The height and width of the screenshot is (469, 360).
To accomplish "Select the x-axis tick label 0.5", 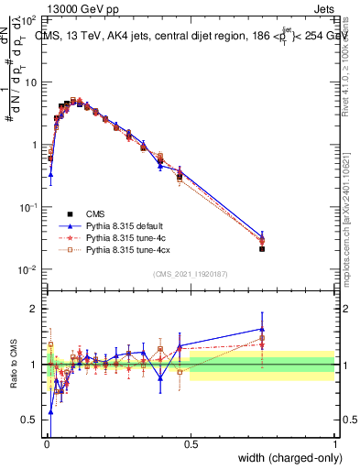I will (x=191, y=445).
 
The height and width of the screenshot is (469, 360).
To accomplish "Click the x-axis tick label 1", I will (x=334, y=445).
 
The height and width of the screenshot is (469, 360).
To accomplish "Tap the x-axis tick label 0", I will (x=47, y=445).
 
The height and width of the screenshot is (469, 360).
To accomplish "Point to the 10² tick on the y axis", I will (x=31, y=19).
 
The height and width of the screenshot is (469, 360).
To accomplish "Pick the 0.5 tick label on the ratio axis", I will (x=32, y=420).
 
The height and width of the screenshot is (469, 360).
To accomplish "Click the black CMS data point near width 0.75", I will (x=262, y=248).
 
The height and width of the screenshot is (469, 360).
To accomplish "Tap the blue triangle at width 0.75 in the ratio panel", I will (x=262, y=329).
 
